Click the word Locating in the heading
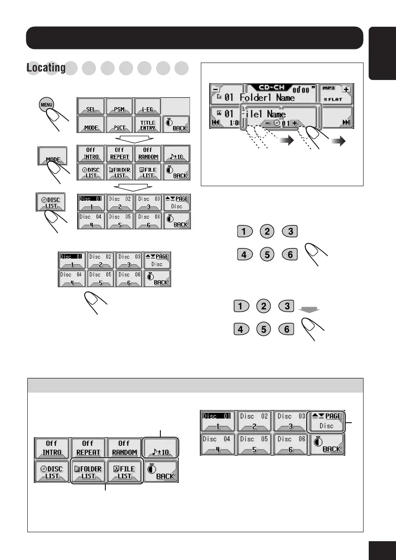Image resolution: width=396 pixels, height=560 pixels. click(46, 68)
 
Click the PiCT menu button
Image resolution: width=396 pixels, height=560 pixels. click(119, 124)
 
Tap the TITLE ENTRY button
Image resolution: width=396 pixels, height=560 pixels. click(148, 124)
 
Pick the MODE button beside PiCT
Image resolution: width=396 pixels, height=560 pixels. click(91, 124)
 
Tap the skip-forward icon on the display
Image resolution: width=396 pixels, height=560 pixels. click(347, 122)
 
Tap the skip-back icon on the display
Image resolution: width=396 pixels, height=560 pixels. click(215, 122)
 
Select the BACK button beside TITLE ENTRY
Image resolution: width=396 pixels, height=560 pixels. click(176, 124)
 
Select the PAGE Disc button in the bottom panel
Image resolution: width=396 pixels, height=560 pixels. click(326, 421)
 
